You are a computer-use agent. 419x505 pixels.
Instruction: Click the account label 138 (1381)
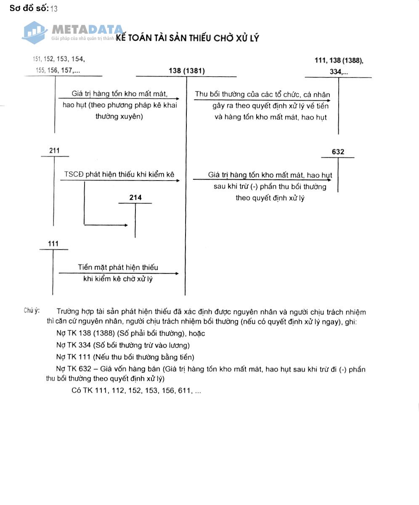click(x=186, y=71)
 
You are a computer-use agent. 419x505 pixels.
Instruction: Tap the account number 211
click(x=54, y=151)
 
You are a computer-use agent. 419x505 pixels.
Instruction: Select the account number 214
click(x=135, y=198)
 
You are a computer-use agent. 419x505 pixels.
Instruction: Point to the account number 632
click(x=338, y=152)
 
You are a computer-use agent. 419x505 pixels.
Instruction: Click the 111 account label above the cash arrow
click(x=53, y=244)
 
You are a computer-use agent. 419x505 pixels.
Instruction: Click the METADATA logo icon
click(x=35, y=32)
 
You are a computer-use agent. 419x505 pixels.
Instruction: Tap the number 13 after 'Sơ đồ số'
click(x=54, y=9)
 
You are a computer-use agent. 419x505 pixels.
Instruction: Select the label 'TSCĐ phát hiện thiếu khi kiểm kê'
click(x=119, y=175)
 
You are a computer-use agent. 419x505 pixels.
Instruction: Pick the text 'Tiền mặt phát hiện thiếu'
click(x=118, y=268)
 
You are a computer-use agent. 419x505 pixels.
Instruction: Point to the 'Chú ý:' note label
click(x=32, y=311)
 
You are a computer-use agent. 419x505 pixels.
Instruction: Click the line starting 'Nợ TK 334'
click(x=123, y=346)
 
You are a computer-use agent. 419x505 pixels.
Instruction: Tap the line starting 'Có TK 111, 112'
click(x=136, y=391)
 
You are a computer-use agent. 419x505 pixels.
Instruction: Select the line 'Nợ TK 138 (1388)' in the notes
click(x=130, y=333)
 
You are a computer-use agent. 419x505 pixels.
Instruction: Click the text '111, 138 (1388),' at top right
click(x=339, y=61)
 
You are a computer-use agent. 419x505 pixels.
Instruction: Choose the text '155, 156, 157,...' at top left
click(x=58, y=71)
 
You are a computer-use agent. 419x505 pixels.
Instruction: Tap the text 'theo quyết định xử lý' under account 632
click(x=270, y=198)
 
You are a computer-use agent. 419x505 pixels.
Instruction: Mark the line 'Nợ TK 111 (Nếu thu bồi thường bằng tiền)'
click(x=125, y=357)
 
